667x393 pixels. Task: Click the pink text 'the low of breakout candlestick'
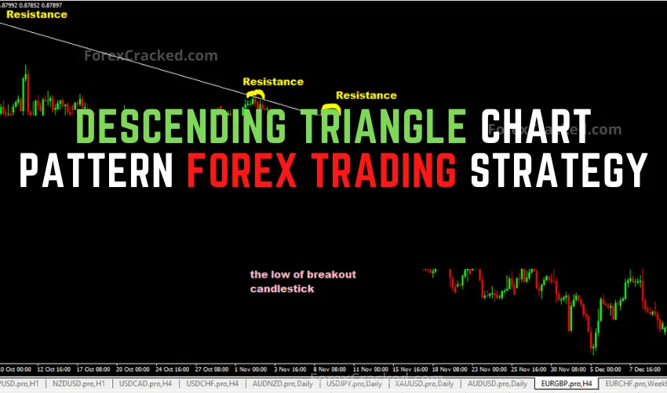(x=303, y=281)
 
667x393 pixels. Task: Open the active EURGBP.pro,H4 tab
(x=566, y=383)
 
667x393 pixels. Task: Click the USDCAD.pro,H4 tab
(x=148, y=383)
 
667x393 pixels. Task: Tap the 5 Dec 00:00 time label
(x=608, y=368)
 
